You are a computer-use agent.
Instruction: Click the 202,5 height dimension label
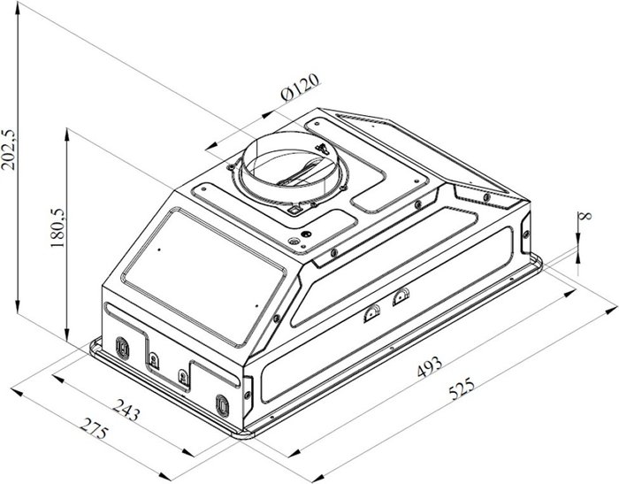[x=8, y=150]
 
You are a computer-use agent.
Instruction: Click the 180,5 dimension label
[x=57, y=227]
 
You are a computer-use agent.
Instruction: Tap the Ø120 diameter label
[x=300, y=88]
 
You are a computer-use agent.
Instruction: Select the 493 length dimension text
[x=430, y=366]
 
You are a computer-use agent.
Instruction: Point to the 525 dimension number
[x=462, y=388]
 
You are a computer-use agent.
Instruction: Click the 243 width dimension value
[x=126, y=410]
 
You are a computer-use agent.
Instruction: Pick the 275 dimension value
[x=94, y=428]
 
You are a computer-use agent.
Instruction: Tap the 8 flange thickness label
[x=585, y=215]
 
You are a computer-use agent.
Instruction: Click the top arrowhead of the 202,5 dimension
[x=18, y=9]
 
